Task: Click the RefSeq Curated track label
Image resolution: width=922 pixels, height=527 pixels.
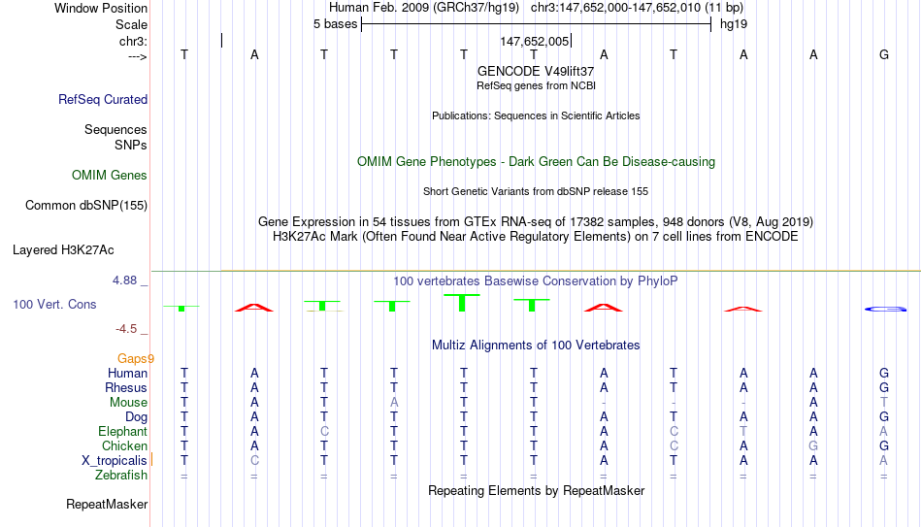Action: point(103,99)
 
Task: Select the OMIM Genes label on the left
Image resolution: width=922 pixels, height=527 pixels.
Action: point(110,176)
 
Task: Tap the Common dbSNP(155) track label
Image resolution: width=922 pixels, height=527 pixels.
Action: point(86,206)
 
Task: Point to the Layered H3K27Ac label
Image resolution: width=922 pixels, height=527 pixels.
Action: point(63,250)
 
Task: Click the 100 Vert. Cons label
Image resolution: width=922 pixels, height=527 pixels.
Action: point(54,304)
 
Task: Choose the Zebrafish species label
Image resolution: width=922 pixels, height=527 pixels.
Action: point(121,476)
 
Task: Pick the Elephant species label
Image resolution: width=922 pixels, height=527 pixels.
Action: point(123,432)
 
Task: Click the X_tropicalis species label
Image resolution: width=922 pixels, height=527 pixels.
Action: point(115,461)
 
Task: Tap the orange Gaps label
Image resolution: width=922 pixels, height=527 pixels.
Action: point(135,359)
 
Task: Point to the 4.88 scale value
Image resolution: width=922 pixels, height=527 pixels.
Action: point(124,280)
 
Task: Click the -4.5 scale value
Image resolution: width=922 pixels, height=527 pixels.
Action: point(126,329)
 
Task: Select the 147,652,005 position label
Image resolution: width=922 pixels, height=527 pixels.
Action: point(535,41)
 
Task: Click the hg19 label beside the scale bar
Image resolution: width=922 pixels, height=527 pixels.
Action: point(734,24)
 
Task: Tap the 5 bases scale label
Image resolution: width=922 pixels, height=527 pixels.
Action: point(335,24)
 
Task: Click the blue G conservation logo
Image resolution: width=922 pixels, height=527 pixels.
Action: point(885,309)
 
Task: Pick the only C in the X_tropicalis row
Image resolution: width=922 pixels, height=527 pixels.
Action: point(254,461)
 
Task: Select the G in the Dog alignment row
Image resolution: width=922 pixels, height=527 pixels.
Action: point(884,417)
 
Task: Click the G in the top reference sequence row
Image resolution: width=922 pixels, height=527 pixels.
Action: point(884,54)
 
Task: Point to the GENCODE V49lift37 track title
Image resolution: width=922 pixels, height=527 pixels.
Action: point(536,71)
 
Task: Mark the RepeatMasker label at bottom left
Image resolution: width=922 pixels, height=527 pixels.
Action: point(107,504)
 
